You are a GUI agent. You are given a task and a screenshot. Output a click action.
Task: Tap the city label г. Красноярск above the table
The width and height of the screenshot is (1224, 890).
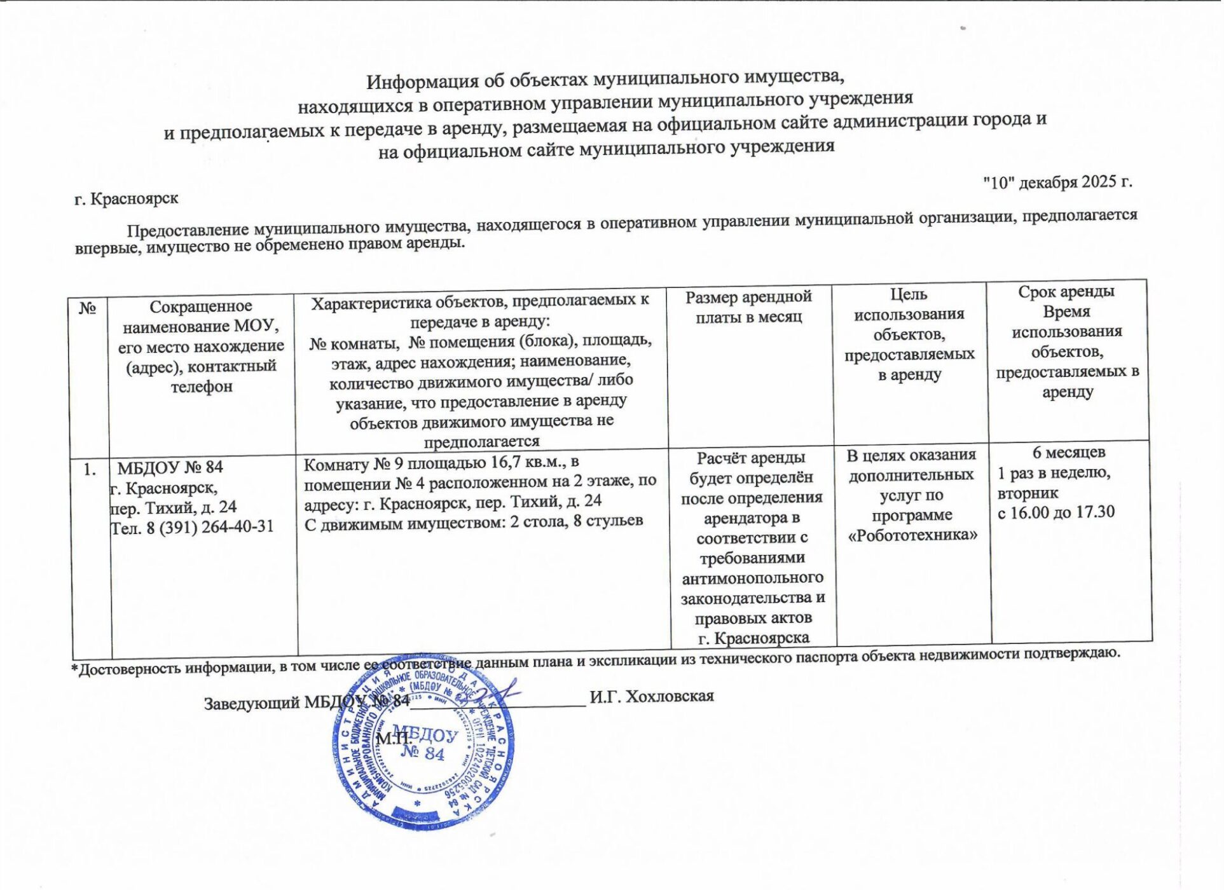(126, 199)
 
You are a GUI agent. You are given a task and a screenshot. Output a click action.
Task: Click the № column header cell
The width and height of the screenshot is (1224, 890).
(88, 309)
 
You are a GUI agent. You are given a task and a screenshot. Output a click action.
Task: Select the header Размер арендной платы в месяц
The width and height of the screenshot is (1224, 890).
(748, 307)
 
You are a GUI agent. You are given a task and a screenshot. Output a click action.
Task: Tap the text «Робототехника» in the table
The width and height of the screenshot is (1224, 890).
(912, 535)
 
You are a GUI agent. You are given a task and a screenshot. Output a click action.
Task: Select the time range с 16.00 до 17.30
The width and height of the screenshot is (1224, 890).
(1056, 512)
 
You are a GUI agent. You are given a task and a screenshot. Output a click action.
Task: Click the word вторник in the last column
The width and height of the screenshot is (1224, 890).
(1028, 493)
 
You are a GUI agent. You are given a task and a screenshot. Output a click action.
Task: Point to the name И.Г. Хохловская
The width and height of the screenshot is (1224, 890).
(651, 697)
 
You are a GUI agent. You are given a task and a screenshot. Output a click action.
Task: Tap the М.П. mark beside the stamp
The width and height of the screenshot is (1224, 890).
(394, 739)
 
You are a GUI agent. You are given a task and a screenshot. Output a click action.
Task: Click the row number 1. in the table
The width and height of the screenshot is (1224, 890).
(90, 469)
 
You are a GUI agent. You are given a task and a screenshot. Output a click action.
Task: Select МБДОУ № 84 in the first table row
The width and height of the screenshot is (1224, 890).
(170, 468)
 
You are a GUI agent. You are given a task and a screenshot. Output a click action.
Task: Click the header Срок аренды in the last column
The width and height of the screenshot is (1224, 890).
(1066, 292)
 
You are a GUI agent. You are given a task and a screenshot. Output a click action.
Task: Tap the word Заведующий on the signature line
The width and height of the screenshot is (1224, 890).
(252, 703)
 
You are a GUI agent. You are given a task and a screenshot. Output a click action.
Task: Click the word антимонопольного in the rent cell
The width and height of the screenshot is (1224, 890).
(752, 578)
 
